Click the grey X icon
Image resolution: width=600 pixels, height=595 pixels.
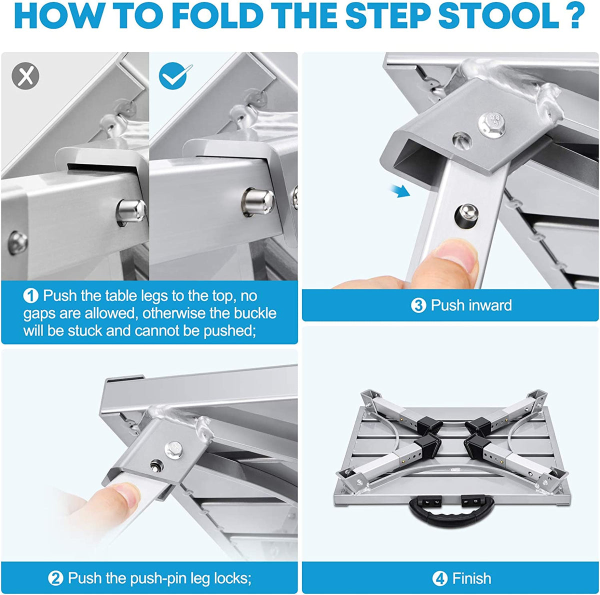point(25,76)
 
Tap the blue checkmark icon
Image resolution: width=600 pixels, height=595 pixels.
point(173,76)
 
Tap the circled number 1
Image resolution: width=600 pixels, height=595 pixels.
point(31,296)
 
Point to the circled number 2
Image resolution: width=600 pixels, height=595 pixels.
point(55,578)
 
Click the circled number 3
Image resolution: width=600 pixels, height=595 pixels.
point(418,305)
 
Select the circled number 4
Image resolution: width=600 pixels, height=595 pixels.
point(439,578)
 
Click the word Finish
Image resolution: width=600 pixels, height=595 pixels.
point(471,578)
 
